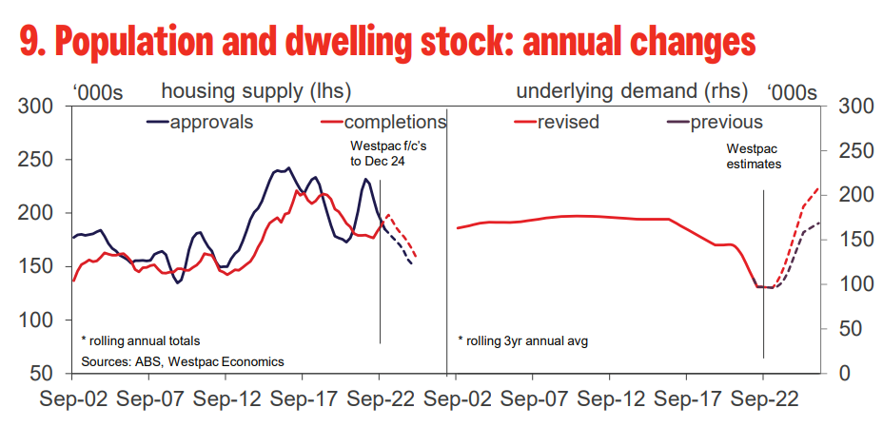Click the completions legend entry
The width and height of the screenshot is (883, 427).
[395, 123]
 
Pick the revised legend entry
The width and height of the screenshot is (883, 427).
[568, 123]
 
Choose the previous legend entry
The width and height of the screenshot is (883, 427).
[726, 123]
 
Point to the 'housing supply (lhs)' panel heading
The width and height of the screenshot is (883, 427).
[256, 92]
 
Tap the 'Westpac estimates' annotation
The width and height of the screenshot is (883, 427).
[754, 157]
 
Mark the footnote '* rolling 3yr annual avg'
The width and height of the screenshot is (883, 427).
[522, 340]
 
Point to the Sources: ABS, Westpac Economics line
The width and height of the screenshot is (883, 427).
[182, 361]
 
